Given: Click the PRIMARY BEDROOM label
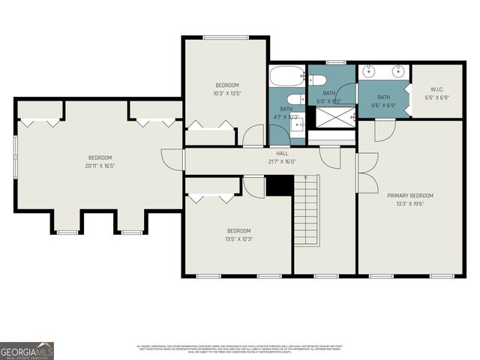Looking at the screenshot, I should point(409,196).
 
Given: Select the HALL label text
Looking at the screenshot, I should point(282,153).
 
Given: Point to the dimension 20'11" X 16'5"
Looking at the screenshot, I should point(100,165).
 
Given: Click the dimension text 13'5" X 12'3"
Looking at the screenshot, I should point(238,238).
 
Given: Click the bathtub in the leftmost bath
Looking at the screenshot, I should point(286,76).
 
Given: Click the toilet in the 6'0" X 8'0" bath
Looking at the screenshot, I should point(316,79).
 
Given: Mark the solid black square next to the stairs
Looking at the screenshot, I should point(279,185).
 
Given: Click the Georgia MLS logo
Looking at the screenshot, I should point(26,350).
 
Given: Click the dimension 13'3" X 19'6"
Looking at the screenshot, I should point(409,203).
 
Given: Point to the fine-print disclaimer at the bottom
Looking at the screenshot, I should point(239,349).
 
